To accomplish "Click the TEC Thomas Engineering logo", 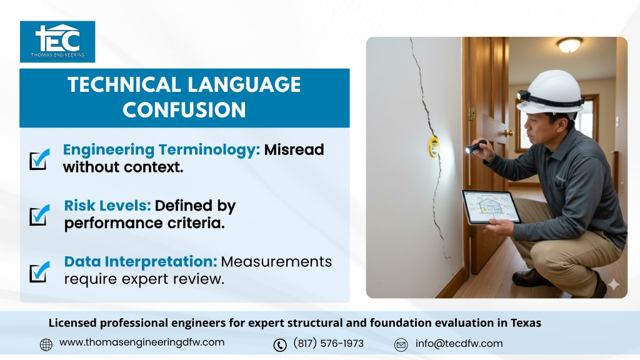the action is pyautogui.click(x=57, y=42).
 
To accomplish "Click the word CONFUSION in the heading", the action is pyautogui.click(x=184, y=110).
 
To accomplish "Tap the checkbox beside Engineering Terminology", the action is pyautogui.click(x=39, y=159).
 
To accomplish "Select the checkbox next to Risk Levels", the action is pyautogui.click(x=39, y=215).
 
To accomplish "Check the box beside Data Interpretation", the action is pyautogui.click(x=39, y=272).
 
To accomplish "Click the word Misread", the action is pyautogui.click(x=294, y=150).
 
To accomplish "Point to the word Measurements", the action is pyautogui.click(x=276, y=262).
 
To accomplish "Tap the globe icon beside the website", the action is pyautogui.click(x=46, y=344).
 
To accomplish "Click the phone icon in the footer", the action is pyautogui.click(x=280, y=345).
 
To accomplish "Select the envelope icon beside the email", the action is pyautogui.click(x=401, y=345).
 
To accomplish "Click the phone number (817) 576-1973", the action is pyautogui.click(x=329, y=343).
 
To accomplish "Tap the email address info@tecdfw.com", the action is pyautogui.click(x=459, y=343).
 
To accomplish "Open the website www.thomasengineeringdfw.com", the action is pyautogui.click(x=142, y=342).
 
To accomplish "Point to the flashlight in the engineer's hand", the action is pyautogui.click(x=476, y=146).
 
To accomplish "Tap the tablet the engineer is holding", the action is pyautogui.click(x=491, y=207).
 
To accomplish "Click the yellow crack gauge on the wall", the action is pyautogui.click(x=434, y=147).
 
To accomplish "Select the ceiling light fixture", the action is pyautogui.click(x=570, y=44).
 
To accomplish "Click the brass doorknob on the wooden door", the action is pyautogui.click(x=509, y=132).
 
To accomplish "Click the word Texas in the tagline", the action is pyautogui.click(x=526, y=323).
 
